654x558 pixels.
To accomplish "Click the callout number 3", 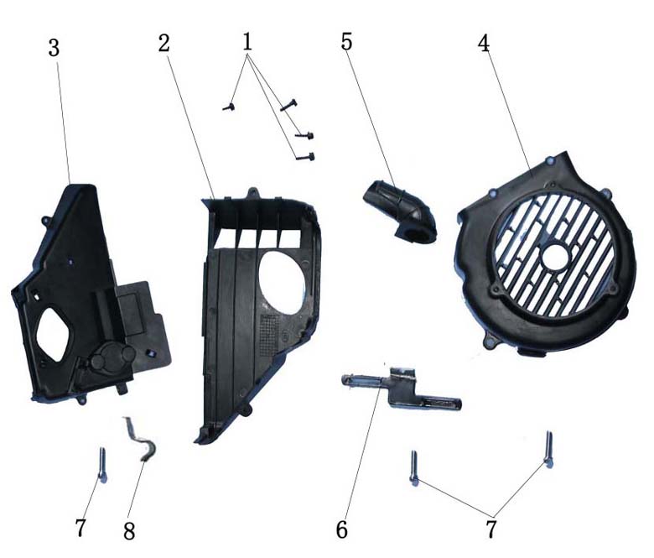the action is [54, 49].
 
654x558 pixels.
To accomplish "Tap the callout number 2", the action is [164, 43].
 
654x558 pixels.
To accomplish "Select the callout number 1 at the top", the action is [247, 42].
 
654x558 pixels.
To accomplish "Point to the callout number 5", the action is [346, 42].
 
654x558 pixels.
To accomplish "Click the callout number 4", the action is [484, 43].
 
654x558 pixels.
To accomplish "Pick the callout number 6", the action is [342, 530].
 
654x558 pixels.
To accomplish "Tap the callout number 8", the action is [129, 532].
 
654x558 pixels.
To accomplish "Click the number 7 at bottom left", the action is [80, 528].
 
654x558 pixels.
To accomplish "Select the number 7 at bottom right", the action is [491, 529].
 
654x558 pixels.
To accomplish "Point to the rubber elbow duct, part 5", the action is [401, 212].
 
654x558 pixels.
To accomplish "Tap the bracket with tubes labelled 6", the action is [400, 389].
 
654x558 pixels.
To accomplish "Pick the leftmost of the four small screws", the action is [229, 107].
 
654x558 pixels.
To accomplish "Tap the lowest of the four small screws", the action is [305, 157].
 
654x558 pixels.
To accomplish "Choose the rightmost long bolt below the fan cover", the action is [549, 449].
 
